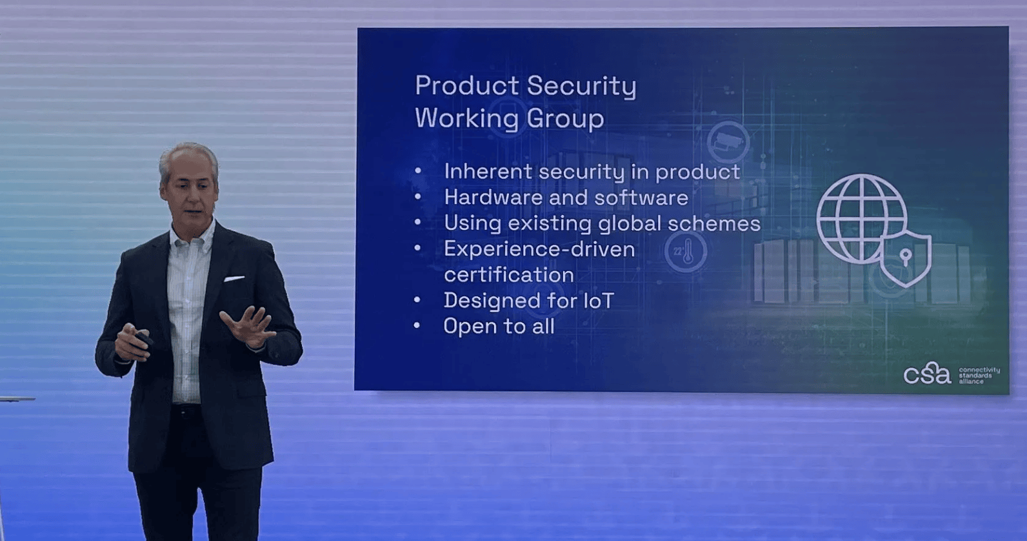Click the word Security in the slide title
click(x=581, y=87)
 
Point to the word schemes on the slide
click(x=714, y=223)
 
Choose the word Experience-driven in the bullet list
click(x=539, y=249)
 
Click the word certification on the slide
click(x=509, y=275)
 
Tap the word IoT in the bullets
click(x=599, y=301)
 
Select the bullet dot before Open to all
click(x=417, y=325)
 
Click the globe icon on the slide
click(x=861, y=219)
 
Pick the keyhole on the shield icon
click(x=906, y=256)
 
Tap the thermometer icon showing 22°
click(x=686, y=252)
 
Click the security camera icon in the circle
click(x=728, y=142)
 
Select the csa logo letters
click(x=927, y=373)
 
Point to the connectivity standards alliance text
click(x=979, y=375)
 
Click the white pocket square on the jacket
click(x=234, y=278)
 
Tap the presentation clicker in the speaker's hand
click(x=143, y=339)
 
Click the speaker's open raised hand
click(x=248, y=327)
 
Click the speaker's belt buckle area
click(x=186, y=411)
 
